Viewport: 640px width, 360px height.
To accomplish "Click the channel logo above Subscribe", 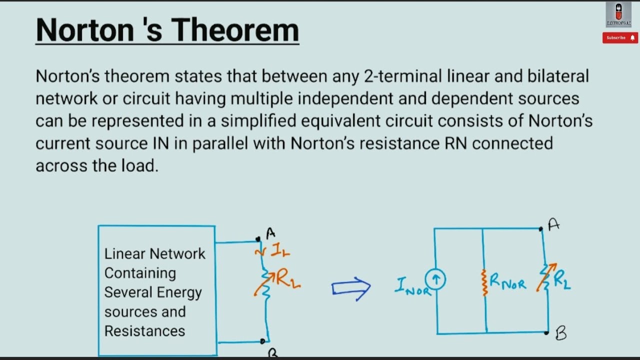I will pos(618,14).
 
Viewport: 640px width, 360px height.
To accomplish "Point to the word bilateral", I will pos(558,76).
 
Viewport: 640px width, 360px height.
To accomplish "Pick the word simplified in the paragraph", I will pos(263,121).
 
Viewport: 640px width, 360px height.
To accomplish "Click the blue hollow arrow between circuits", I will pos(351,288).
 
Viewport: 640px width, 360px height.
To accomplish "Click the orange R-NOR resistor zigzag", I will pos(484,282).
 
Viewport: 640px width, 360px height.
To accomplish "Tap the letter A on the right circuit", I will pos(553,225).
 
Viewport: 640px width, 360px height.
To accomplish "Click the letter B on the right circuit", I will pos(561,333).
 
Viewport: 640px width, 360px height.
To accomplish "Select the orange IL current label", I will pos(280,251).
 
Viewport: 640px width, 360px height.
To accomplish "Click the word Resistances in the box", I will pos(144,331).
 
